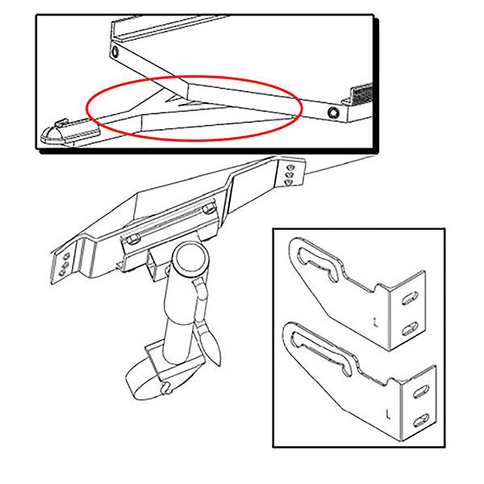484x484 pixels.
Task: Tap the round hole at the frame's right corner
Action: [x=334, y=108]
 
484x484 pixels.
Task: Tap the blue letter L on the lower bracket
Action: [x=388, y=415]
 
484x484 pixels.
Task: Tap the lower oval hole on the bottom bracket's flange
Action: [x=419, y=419]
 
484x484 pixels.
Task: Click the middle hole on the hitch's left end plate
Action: [x=65, y=265]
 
